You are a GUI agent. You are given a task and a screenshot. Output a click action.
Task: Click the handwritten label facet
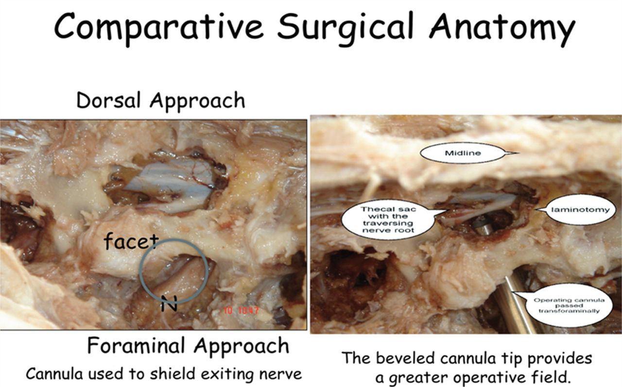point(131,240)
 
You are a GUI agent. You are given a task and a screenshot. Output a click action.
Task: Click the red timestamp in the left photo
point(242,311)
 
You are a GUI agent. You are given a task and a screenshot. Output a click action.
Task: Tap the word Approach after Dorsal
point(197,102)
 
